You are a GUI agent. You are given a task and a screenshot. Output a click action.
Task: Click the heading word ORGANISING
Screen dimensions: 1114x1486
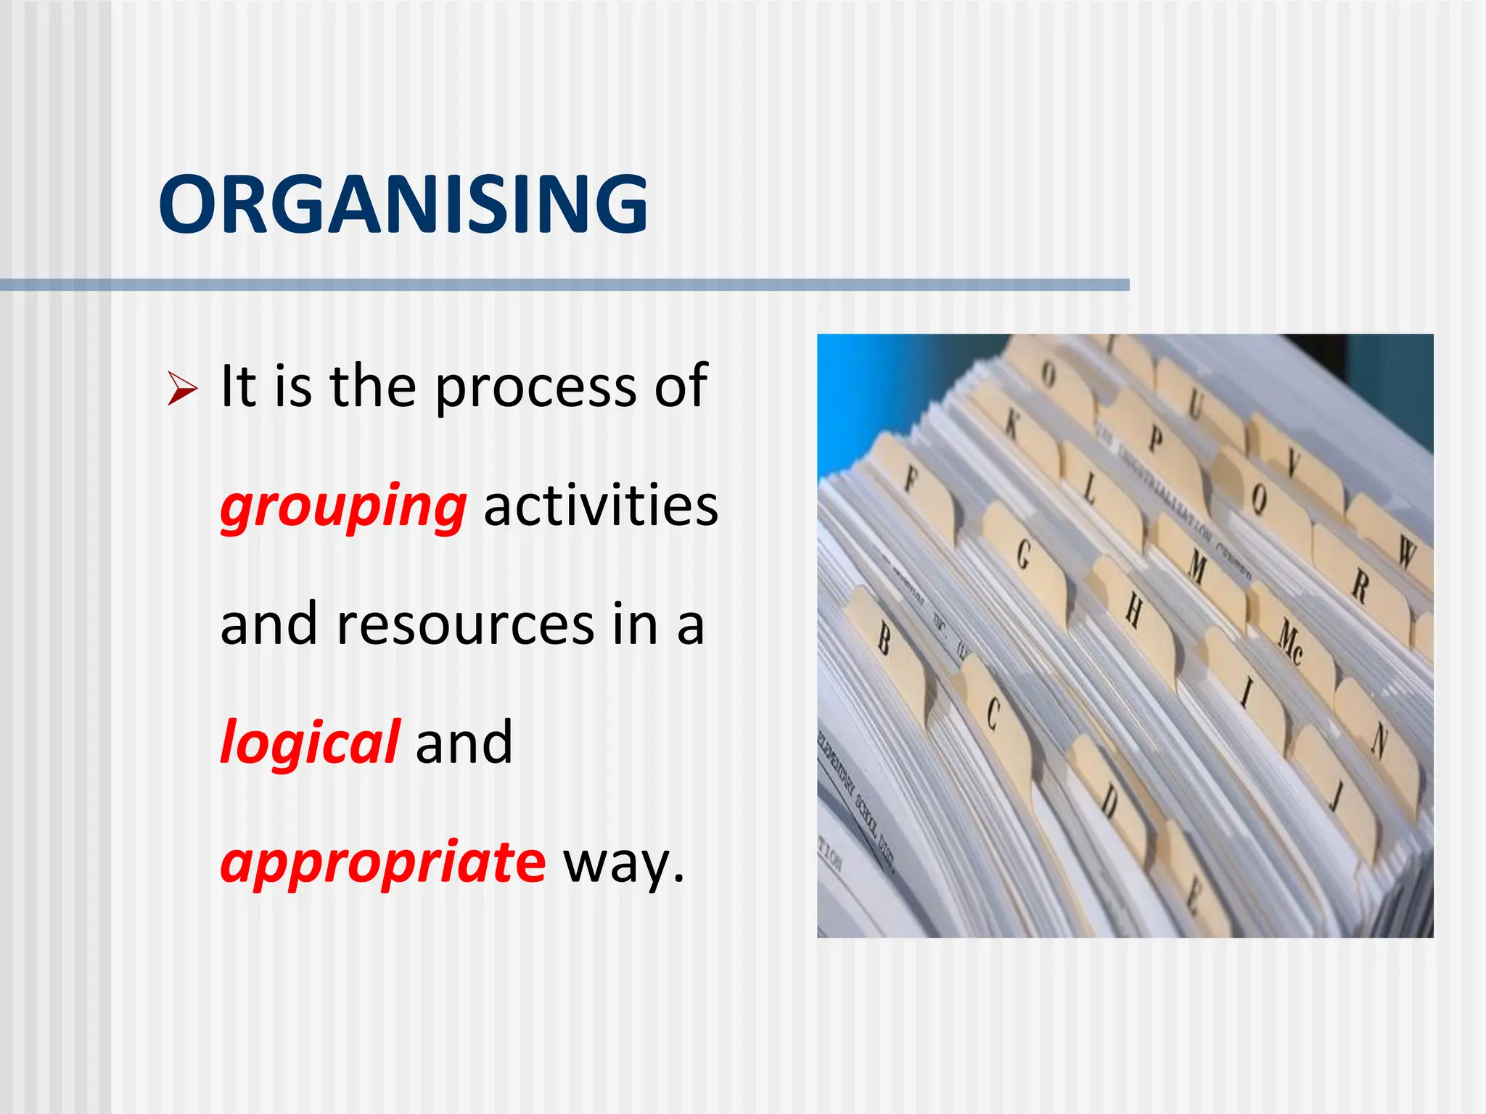point(403,205)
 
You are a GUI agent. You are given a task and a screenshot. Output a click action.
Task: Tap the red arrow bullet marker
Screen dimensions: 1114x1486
point(181,388)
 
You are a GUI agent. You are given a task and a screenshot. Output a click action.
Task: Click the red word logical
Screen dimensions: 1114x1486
point(309,742)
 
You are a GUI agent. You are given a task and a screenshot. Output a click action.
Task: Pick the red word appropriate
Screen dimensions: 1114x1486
point(382,862)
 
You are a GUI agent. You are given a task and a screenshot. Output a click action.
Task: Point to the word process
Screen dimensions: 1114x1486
point(535,388)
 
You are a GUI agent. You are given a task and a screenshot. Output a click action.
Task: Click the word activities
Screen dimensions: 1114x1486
point(601,506)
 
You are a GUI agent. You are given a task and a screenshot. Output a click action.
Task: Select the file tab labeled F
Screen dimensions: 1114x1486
point(911,480)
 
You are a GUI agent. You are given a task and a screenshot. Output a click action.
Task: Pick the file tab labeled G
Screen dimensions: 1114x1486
point(1024,555)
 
